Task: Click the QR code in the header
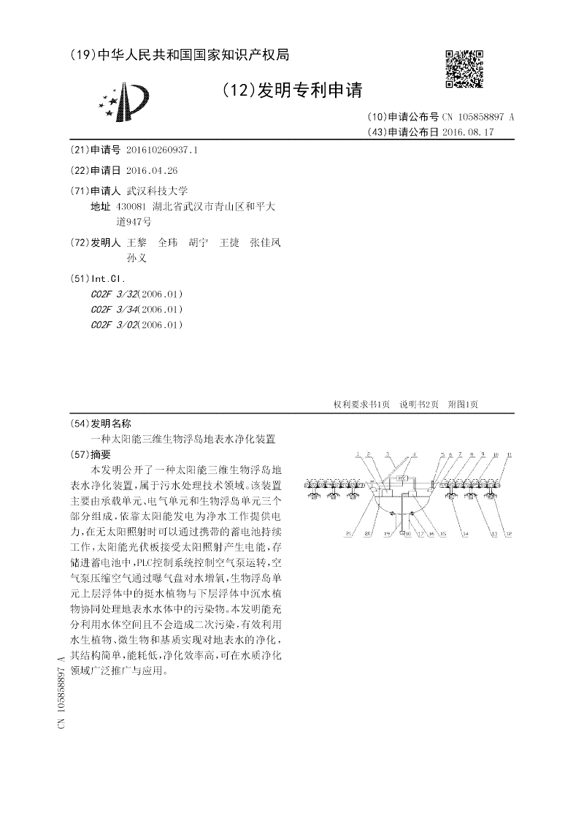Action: (x=464, y=69)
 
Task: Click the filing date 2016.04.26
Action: (x=152, y=170)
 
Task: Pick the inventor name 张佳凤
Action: (x=265, y=242)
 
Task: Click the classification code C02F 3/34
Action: (x=137, y=310)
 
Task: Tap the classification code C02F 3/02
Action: (x=137, y=325)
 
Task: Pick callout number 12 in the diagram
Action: (x=509, y=534)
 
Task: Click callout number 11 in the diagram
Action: (x=509, y=454)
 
